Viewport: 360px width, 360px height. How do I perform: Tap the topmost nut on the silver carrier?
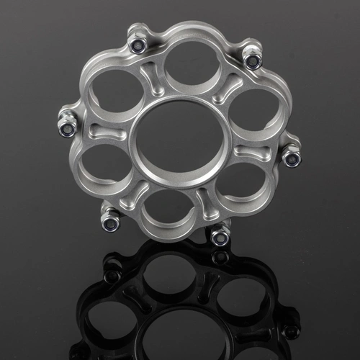pyautogui.click(x=138, y=44)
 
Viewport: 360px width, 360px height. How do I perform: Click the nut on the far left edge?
pyautogui.click(x=68, y=128)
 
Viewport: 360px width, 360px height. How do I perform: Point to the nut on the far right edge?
pyautogui.click(x=291, y=156)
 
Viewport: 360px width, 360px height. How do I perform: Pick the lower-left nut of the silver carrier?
pyautogui.click(x=110, y=222)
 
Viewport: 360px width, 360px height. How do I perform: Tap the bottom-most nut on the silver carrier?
pyautogui.click(x=220, y=236)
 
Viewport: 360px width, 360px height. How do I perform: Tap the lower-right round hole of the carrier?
pyautogui.click(x=238, y=189)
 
